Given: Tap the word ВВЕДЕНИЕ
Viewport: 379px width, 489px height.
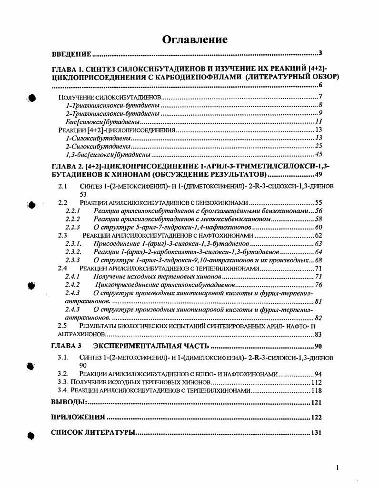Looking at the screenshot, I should point(71,54).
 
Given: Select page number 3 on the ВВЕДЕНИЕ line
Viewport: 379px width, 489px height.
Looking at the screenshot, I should point(320,53).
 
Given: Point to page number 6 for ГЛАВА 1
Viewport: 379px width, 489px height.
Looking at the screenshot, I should point(320,85).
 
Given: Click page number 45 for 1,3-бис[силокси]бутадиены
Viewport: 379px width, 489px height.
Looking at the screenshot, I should point(319,154).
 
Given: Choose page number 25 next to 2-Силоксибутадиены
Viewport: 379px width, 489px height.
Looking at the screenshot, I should point(319,146).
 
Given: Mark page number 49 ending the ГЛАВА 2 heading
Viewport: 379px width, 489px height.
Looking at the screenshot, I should point(318,174).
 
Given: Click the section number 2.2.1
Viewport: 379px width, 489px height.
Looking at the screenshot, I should point(72,210).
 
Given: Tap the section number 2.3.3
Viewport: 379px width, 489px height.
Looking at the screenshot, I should point(72,260).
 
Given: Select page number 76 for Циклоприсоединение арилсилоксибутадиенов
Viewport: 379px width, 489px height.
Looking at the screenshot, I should point(319,285).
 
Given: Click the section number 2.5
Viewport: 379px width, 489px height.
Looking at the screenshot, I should point(62,326).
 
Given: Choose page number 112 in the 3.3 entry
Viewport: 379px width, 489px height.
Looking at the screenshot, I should point(317,382).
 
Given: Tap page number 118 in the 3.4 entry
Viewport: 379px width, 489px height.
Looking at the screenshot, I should point(317,390).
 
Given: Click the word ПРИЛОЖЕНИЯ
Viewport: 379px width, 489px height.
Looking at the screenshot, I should point(78,418).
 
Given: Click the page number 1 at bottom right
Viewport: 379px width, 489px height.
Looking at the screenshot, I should point(337,468).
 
